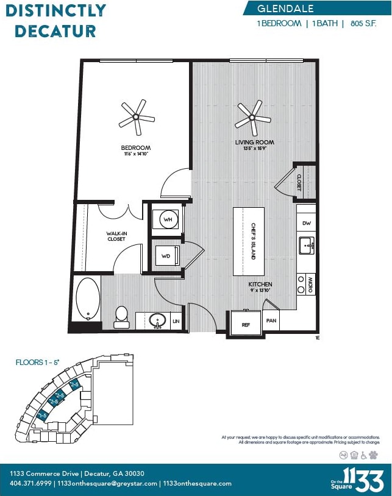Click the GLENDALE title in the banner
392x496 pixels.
(x=285, y=9)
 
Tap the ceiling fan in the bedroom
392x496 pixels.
(x=135, y=117)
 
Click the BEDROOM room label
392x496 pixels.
(x=135, y=148)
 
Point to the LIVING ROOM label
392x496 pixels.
(x=255, y=143)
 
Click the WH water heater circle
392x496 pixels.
(x=167, y=219)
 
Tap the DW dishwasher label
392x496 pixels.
(x=307, y=224)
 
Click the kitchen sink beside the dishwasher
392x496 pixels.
(x=307, y=246)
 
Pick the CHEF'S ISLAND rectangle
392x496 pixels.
(x=249, y=241)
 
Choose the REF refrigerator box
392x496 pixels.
(x=246, y=325)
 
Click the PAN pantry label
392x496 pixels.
(x=271, y=320)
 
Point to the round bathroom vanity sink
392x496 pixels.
(x=159, y=320)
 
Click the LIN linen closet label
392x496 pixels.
(x=176, y=321)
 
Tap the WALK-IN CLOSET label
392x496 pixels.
(x=116, y=236)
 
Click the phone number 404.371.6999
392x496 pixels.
(x=30, y=483)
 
